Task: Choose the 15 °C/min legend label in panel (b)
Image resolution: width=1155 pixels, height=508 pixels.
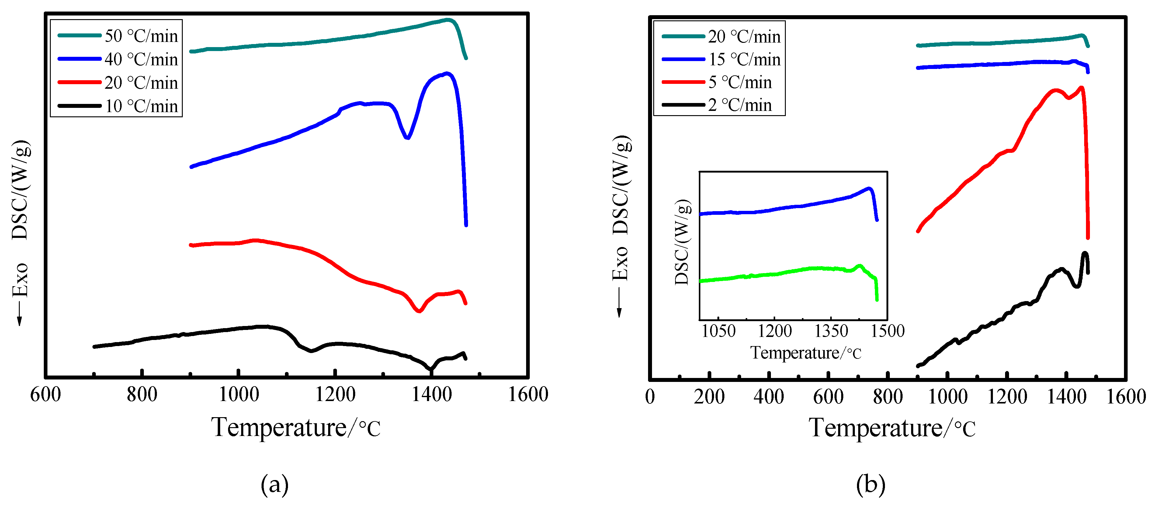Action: click(x=744, y=59)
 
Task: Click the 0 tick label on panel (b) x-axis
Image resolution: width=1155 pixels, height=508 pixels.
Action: click(x=650, y=397)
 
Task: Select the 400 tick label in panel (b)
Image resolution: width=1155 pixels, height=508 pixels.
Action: click(x=768, y=397)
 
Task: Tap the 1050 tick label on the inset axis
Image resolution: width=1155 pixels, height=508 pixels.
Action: click(x=718, y=331)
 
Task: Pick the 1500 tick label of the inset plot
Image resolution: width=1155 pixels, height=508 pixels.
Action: click(x=887, y=331)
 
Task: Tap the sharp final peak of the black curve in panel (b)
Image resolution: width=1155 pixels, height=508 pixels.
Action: click(x=1085, y=254)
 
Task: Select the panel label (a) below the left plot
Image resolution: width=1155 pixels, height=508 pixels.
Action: click(x=274, y=485)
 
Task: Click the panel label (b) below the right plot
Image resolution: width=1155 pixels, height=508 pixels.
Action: click(x=870, y=485)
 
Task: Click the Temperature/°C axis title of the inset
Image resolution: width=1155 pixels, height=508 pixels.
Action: click(x=806, y=353)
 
